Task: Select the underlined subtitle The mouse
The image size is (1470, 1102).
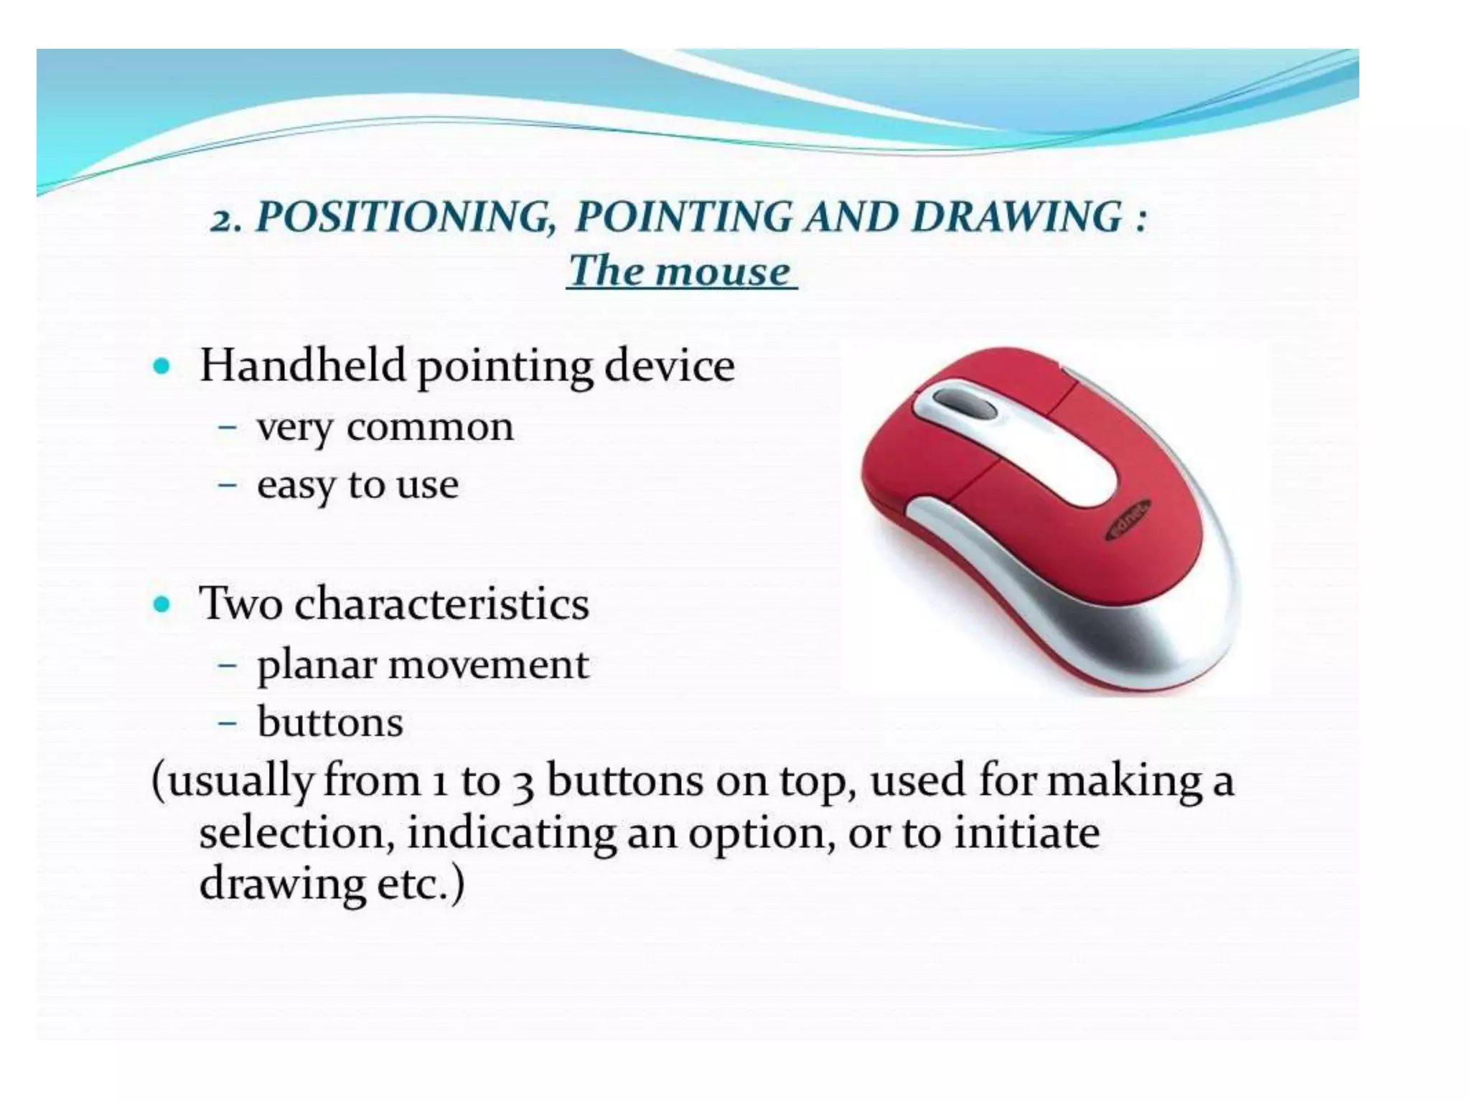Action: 680,271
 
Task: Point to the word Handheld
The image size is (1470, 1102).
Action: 303,365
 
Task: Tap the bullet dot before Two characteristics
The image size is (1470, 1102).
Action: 162,604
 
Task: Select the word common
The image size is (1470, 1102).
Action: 430,428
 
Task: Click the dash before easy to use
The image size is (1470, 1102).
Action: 228,485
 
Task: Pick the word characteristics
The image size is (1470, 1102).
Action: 441,603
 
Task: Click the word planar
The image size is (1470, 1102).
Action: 316,666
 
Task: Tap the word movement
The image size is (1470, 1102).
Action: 488,664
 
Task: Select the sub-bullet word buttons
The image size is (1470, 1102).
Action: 330,722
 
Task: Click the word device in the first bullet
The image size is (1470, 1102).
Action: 669,365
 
